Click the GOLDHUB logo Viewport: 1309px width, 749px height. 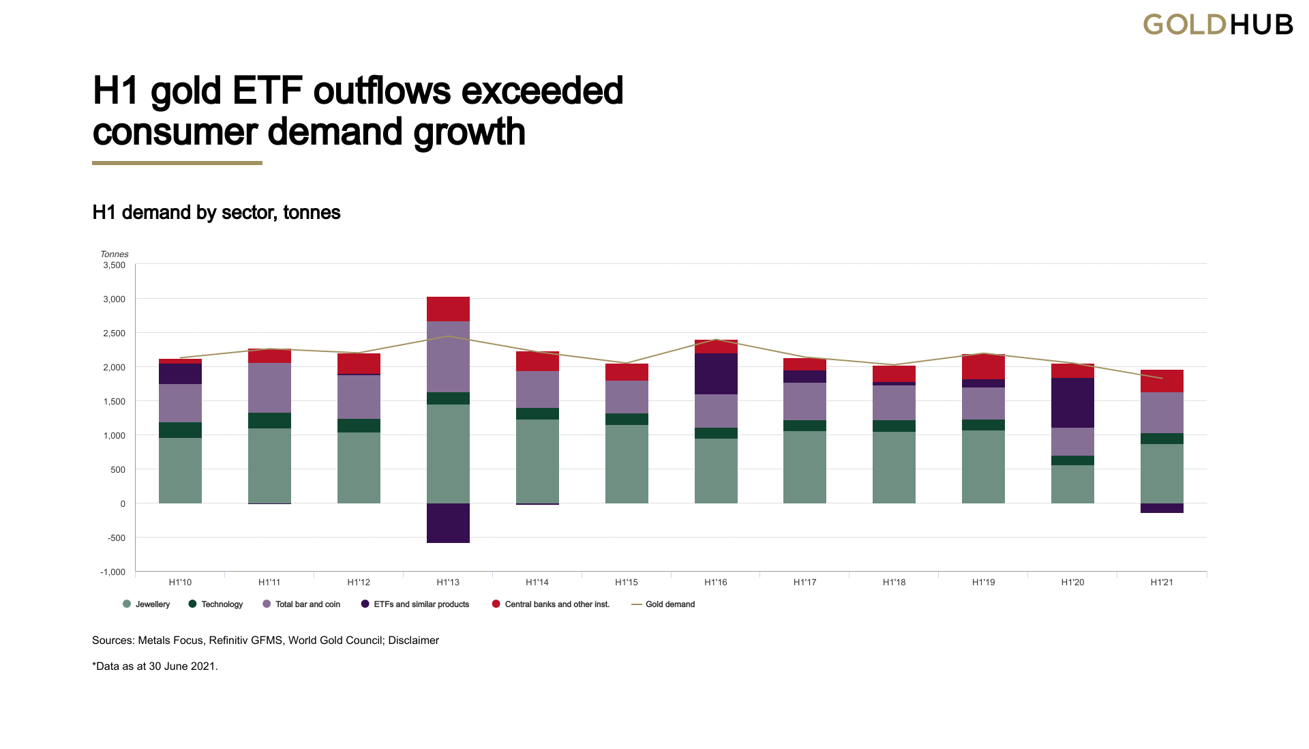1218,25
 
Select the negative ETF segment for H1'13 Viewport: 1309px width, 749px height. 448,523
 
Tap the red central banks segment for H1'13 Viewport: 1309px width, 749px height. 448,309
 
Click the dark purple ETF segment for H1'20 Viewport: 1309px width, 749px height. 1072,402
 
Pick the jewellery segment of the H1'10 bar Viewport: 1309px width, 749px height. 180,471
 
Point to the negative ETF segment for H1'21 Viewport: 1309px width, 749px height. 1162,508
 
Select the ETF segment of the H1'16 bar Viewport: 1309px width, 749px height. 716,374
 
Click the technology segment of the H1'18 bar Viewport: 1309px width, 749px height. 894,426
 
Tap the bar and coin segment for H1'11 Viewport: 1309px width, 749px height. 269,387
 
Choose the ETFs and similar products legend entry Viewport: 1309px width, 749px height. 415,604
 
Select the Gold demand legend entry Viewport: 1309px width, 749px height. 663,604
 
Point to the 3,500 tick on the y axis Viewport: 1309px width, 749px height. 115,265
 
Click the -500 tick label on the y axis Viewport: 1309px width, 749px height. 117,538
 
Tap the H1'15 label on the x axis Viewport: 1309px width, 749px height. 627,583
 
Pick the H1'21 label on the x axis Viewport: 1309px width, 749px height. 1162,583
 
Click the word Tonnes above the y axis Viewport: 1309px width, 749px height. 115,254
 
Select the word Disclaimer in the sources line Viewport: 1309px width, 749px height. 414,641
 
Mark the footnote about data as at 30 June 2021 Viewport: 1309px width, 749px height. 155,666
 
